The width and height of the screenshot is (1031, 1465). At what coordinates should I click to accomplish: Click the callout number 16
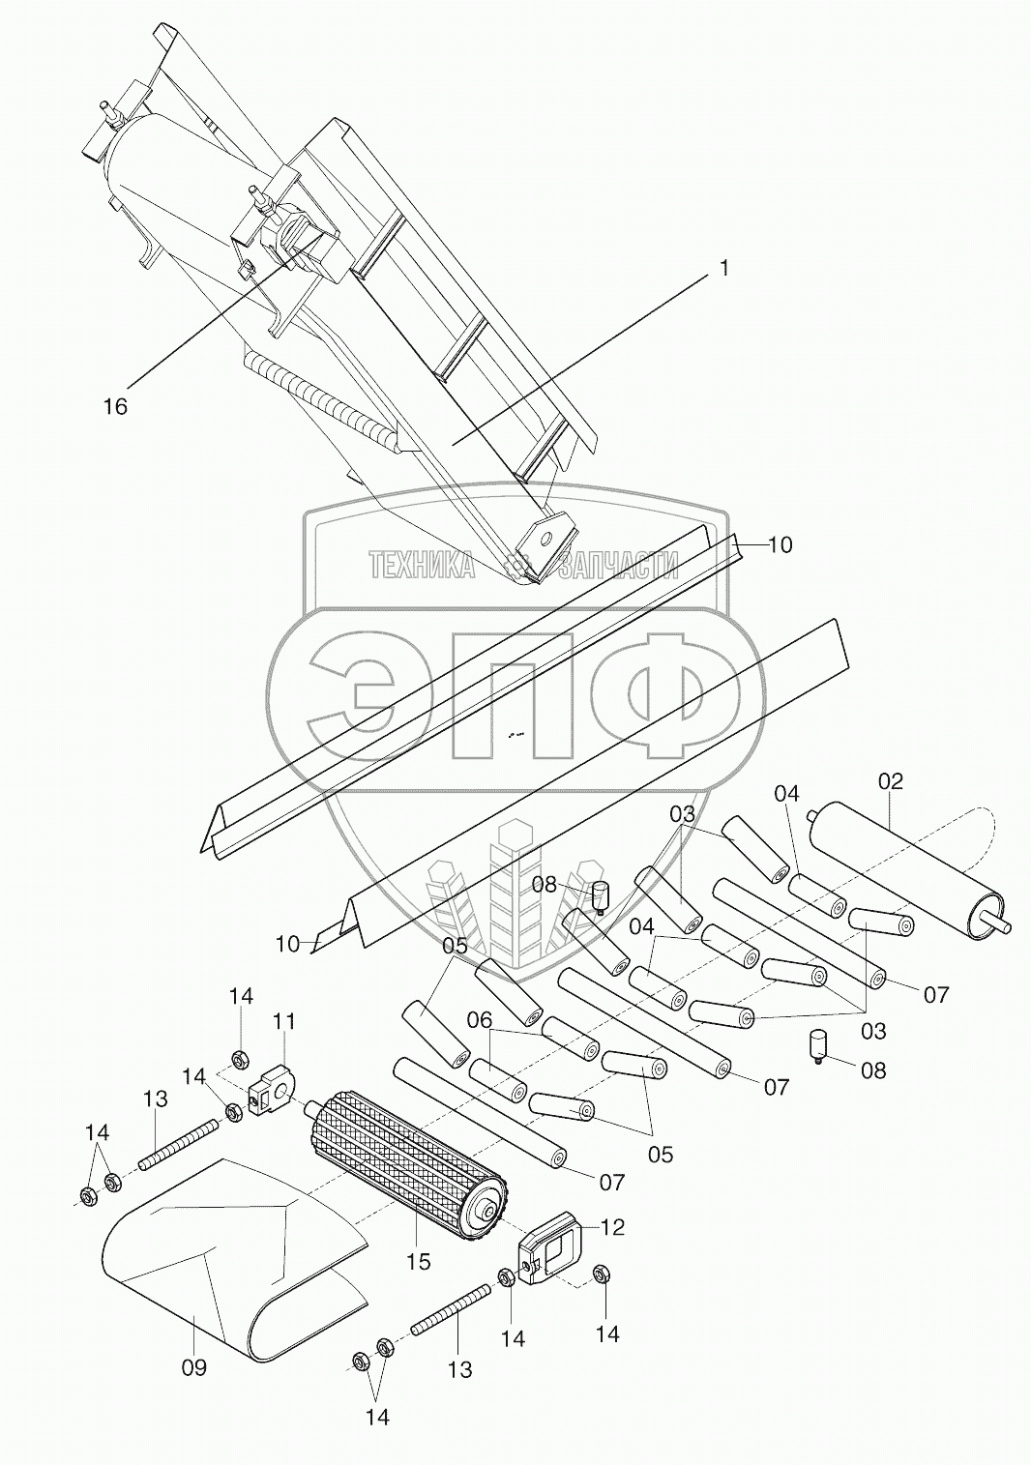coord(115,406)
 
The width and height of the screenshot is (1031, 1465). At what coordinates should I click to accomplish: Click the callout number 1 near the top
coord(722,269)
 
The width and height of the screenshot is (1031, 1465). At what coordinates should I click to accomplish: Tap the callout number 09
coord(194,1367)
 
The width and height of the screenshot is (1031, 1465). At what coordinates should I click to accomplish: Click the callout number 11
coord(284,1021)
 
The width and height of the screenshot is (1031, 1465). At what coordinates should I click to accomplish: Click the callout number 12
coord(612,1227)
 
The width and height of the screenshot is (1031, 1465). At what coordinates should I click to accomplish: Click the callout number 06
coord(480,1019)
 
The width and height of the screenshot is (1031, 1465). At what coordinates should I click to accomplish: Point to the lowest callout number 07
coord(611,1181)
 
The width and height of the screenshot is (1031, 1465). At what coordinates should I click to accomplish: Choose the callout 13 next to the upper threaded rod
coord(155,1099)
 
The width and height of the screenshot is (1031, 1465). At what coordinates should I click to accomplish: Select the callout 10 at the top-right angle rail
coord(780,545)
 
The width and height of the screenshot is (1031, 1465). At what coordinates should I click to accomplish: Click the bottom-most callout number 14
coord(377,1417)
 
